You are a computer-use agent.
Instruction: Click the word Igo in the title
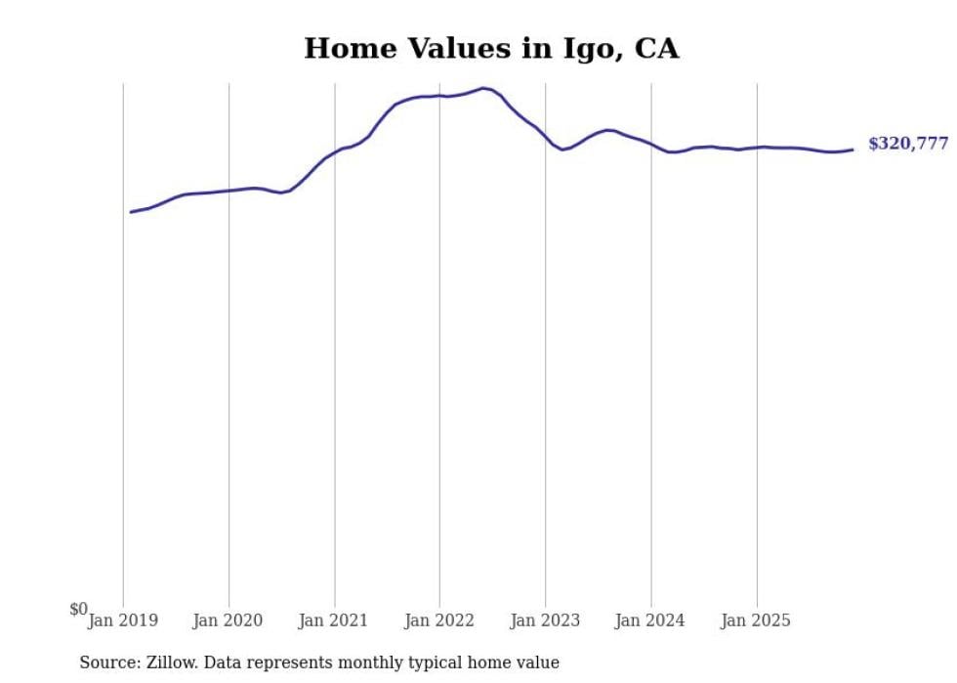(586, 49)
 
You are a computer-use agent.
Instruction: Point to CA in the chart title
(657, 48)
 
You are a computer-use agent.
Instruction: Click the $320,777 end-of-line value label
(907, 144)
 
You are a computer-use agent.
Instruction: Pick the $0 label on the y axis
(78, 610)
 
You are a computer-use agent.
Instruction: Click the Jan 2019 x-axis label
(122, 620)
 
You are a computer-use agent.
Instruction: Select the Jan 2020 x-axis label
(228, 620)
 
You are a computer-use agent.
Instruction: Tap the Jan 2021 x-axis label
(333, 620)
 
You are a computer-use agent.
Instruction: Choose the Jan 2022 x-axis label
(438, 620)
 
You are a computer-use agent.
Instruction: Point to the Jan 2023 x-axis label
(544, 620)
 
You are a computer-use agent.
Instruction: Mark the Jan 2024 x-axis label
(649, 620)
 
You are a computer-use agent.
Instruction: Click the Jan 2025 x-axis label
(755, 620)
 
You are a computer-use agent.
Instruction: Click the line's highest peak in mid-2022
(483, 88)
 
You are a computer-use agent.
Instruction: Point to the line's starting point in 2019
(131, 212)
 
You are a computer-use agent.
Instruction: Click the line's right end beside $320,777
(853, 149)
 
